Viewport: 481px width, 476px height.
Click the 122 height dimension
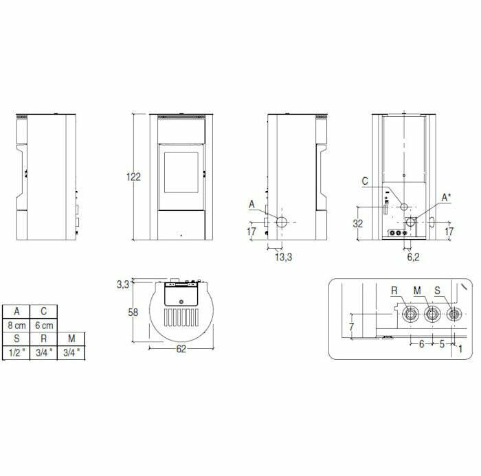coord(133,177)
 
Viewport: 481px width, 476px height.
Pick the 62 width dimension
coord(181,349)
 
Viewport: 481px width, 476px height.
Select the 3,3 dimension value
coord(123,283)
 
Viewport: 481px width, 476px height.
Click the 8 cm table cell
coord(16,325)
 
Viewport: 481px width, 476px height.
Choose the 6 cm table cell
coord(44,325)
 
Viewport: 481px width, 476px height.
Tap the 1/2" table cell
coord(16,352)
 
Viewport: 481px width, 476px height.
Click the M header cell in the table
coord(71,339)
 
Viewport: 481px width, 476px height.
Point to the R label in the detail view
coord(394,291)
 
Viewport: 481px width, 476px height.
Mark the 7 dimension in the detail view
coord(350,328)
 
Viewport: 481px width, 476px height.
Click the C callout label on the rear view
coord(364,181)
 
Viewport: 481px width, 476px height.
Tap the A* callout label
coord(446,198)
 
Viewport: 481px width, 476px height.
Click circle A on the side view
coord(282,222)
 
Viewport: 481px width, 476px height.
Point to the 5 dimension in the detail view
coord(442,344)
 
